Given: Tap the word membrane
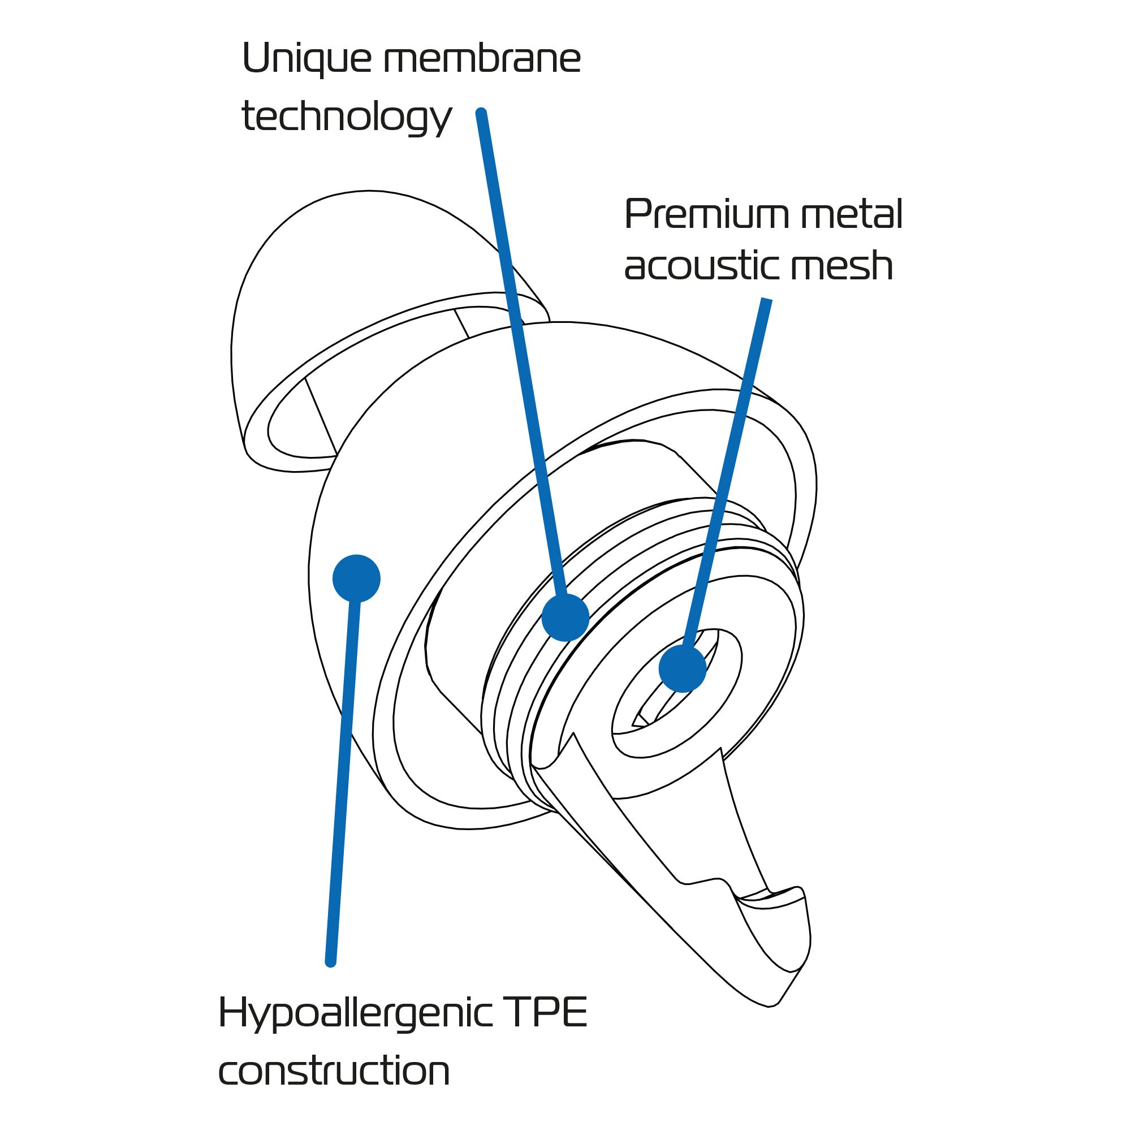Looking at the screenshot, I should (482, 60).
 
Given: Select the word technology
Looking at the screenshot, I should (347, 117).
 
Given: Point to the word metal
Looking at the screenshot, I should (852, 215).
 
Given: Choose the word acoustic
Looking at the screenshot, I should (700, 266).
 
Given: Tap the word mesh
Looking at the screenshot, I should (841, 266).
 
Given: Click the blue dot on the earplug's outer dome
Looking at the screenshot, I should (356, 578).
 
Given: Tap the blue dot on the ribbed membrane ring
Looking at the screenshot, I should (565, 617).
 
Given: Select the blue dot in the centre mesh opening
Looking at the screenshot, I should (682, 668).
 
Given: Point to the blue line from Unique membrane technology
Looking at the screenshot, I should (521, 351).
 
